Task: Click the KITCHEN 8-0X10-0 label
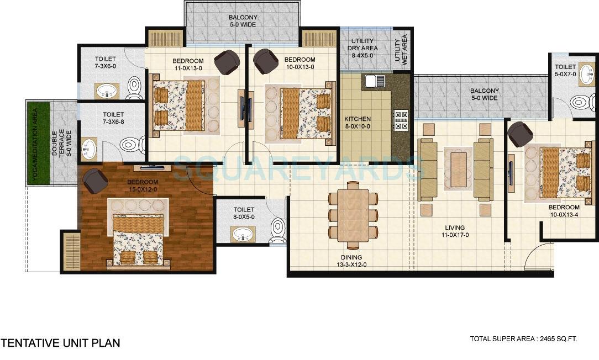358,123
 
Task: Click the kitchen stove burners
400,119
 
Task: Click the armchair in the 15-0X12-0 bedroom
94,181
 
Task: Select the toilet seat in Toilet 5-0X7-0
580,102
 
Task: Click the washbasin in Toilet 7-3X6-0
104,91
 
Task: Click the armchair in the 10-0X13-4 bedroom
519,134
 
